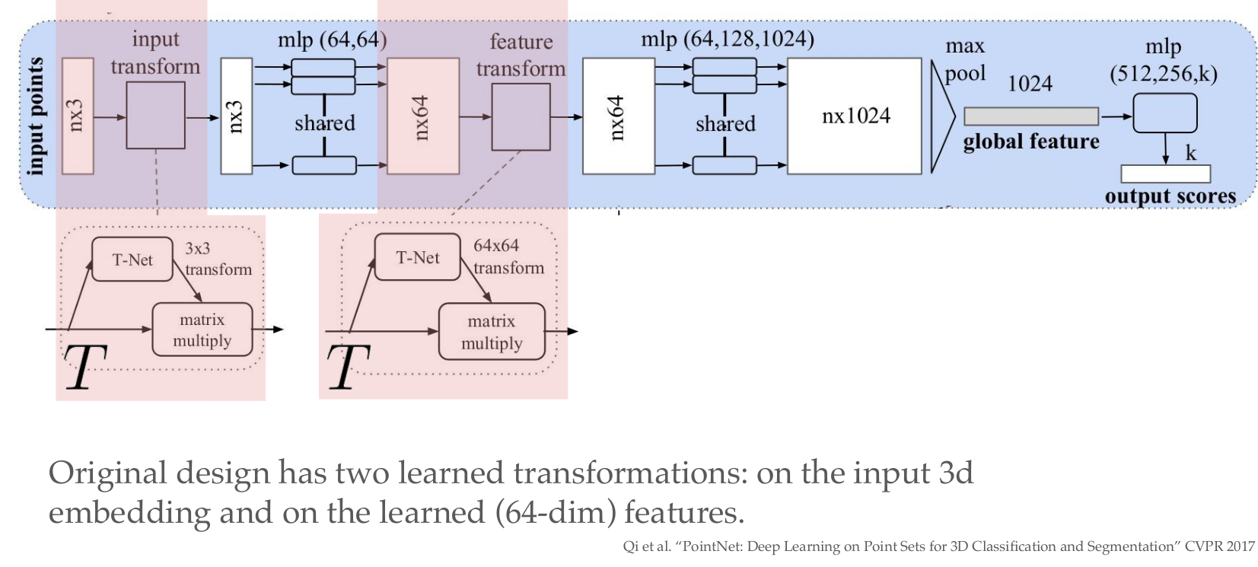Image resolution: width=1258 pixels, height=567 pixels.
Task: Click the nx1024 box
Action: pos(854,116)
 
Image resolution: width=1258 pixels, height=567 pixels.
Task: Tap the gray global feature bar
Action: pos(1030,116)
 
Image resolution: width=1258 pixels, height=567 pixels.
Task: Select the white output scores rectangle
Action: pos(1165,174)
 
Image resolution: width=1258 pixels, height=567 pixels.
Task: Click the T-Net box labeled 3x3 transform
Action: pos(132,260)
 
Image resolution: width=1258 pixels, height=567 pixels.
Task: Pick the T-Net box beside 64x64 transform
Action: pos(418,257)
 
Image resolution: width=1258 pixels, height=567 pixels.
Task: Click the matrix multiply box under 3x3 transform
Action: pos(202,330)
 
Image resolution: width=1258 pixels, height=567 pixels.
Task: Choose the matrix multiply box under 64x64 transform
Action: pos(492,332)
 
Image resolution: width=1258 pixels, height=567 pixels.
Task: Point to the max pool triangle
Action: pos(941,116)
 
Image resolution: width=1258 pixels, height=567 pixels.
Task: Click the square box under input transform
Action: pos(155,116)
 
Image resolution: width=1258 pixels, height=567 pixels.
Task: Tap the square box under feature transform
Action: pos(521,117)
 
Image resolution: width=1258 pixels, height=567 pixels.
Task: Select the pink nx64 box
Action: pos(423,116)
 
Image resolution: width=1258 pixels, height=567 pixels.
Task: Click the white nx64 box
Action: pos(618,116)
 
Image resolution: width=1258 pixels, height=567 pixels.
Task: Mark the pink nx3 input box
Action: pos(77,116)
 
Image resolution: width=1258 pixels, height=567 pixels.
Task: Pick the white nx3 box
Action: pos(236,116)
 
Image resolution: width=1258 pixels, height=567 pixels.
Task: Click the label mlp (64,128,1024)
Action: pos(727,39)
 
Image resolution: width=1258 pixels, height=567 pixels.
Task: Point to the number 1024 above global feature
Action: pos(1030,84)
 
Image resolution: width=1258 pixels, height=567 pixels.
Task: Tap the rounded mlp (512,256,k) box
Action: pos(1164,113)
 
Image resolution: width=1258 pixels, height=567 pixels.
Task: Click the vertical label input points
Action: pos(35,116)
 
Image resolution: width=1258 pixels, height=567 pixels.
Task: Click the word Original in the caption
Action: pos(107,473)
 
